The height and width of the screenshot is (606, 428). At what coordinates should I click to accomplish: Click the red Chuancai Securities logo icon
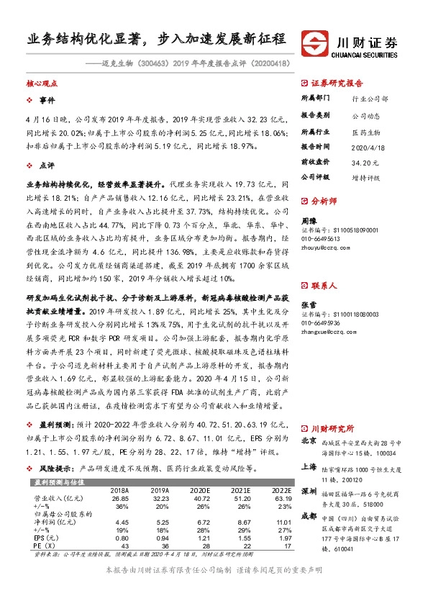[315, 40]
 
